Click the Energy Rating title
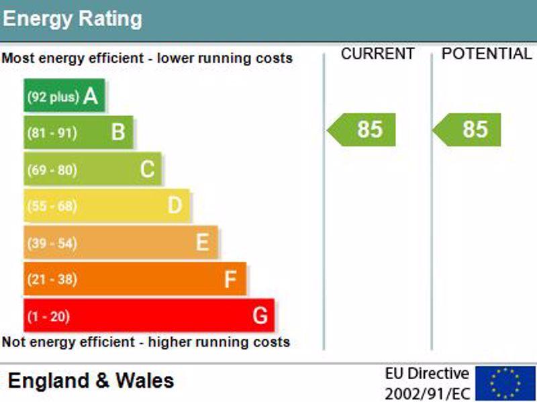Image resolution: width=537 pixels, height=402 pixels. [72, 19]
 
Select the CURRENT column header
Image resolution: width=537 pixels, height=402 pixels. [378, 54]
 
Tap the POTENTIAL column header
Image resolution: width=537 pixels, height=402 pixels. [487, 54]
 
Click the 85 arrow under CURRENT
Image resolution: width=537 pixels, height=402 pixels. [361, 130]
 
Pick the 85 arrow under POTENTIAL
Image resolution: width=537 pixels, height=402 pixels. [467, 130]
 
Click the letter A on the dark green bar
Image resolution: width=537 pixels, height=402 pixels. [91, 96]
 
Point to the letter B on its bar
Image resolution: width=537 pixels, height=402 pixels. [118, 132]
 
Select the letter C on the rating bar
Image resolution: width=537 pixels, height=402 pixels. [148, 169]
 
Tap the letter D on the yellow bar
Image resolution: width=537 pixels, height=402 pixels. [175, 205]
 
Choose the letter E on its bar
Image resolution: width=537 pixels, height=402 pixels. [203, 242]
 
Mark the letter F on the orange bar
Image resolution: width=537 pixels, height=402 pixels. [230, 279]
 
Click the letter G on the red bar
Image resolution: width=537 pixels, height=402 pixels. [260, 315]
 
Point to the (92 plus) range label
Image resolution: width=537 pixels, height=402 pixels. [53, 97]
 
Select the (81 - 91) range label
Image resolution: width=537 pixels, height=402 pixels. [52, 133]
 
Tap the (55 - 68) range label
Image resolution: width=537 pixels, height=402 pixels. [52, 206]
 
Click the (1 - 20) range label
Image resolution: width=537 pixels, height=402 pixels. [48, 316]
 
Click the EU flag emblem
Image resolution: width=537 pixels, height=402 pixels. [505, 383]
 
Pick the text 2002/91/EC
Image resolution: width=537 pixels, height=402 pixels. [428, 393]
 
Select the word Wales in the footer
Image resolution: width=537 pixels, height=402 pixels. [145, 381]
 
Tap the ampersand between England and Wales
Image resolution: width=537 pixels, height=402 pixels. [103, 381]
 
